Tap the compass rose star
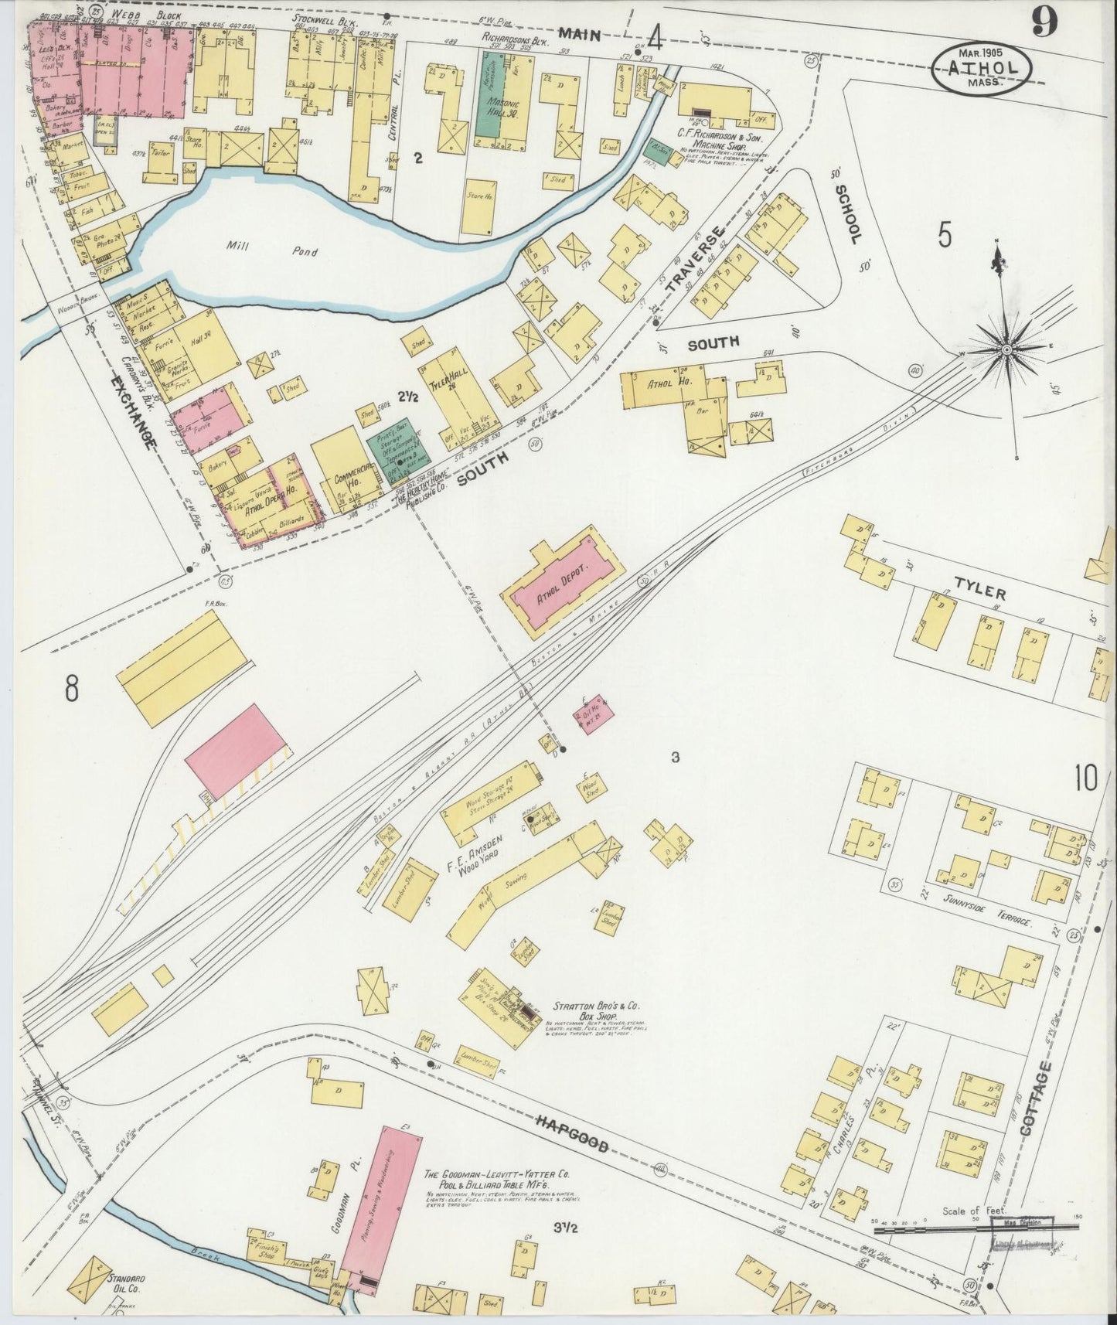pyautogui.click(x=1006, y=350)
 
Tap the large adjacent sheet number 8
pyautogui.click(x=71, y=687)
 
